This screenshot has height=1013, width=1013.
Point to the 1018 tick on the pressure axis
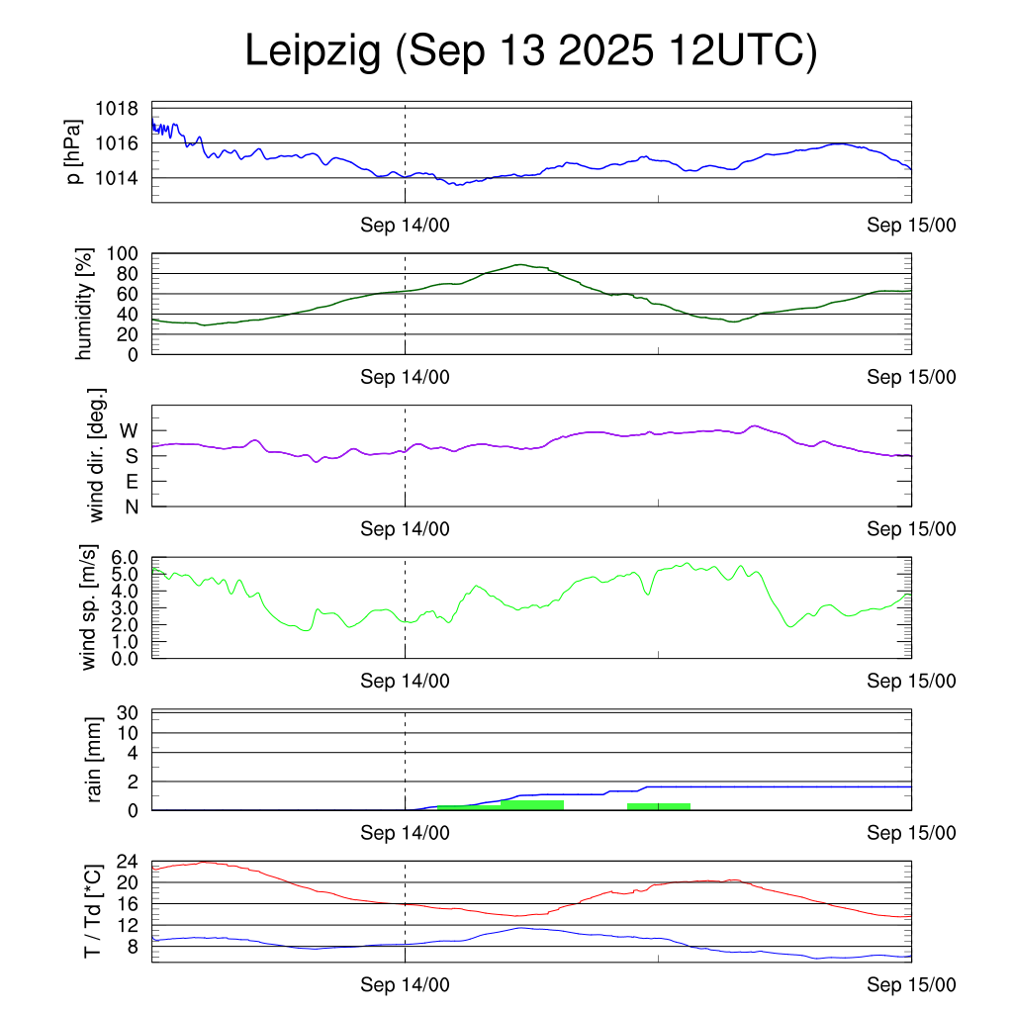(116, 109)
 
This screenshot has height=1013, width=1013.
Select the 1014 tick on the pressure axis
(116, 178)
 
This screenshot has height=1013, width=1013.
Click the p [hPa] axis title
(74, 151)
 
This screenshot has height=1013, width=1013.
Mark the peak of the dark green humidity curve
(519, 264)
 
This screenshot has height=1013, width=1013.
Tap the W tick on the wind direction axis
(130, 430)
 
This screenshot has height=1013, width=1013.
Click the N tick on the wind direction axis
(131, 506)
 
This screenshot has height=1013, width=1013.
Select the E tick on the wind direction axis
(131, 482)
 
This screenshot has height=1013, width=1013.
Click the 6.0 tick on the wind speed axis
(123, 557)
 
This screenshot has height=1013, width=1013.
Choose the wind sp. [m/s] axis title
(90, 608)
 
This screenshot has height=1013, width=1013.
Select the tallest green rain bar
(532, 804)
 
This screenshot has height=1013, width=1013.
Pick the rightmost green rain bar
(659, 806)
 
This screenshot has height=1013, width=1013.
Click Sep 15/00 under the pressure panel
(911, 226)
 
